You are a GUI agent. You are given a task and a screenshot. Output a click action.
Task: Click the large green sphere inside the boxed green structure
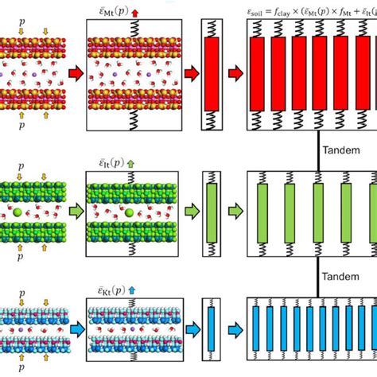click(x=128, y=212)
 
